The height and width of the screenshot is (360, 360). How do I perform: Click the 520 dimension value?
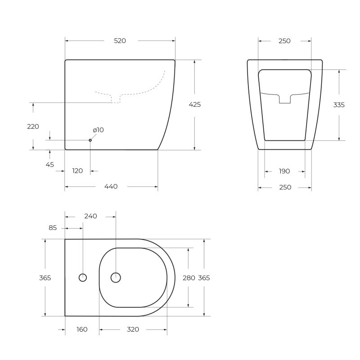click(120, 41)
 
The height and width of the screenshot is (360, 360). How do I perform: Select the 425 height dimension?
click(194, 104)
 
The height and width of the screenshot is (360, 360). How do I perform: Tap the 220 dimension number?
click(33, 126)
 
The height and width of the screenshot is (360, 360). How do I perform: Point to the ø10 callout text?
click(98, 130)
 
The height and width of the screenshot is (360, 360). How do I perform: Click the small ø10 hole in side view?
click(90, 140)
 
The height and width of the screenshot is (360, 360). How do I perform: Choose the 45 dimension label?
click(49, 165)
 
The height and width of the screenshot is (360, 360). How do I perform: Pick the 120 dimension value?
click(77, 171)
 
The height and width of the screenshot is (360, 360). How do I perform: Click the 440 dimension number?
click(111, 187)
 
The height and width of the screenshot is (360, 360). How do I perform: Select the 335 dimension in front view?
click(339, 105)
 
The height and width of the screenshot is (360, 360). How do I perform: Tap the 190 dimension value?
click(284, 171)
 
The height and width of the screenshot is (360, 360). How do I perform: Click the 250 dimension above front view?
click(284, 41)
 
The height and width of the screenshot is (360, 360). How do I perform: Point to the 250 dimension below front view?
click(285, 187)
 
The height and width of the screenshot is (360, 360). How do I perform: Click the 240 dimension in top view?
click(90, 216)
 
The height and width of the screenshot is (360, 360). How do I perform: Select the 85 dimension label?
click(53, 228)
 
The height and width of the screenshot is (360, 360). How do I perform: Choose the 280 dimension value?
click(189, 278)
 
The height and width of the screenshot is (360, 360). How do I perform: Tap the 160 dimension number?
click(81, 329)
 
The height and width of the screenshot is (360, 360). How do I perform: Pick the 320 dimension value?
click(133, 329)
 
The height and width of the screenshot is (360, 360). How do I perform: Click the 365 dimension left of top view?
click(45, 278)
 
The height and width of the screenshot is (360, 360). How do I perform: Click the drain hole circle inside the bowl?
click(116, 278)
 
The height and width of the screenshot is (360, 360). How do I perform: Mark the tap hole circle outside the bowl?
click(83, 278)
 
